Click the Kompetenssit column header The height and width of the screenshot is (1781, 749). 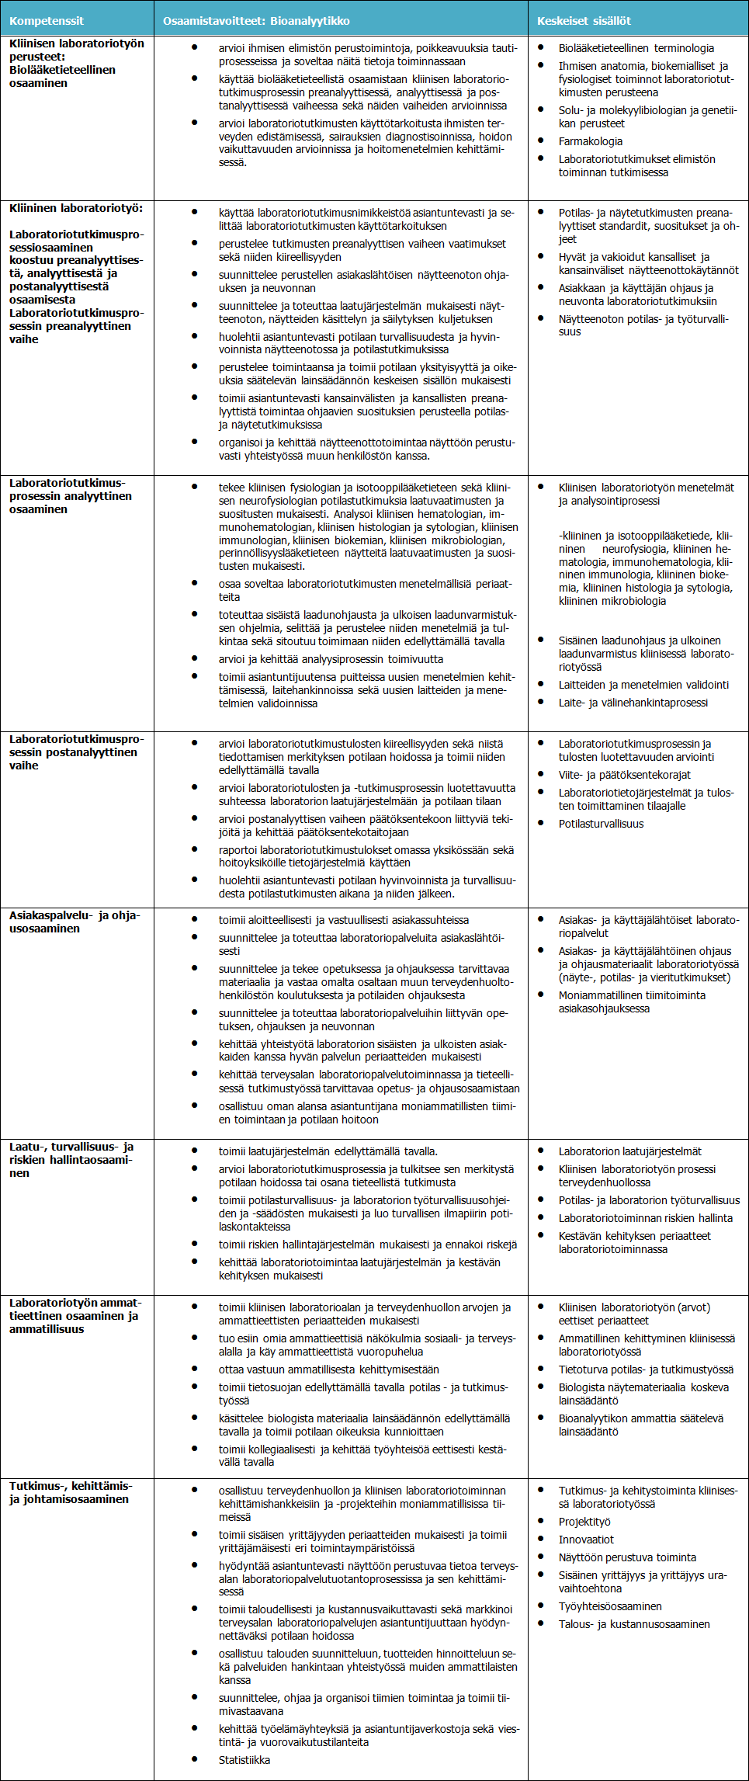click(47, 21)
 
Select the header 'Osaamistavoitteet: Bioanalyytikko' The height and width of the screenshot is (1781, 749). click(256, 21)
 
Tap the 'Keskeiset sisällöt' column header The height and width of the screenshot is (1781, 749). click(584, 21)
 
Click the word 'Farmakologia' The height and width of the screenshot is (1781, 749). click(590, 141)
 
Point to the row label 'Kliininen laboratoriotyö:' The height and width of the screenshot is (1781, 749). click(76, 208)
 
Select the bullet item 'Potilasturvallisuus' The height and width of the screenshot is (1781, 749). click(601, 824)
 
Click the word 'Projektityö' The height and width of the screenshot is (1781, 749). click(584, 1522)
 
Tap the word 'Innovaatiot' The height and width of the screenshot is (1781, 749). click(586, 1540)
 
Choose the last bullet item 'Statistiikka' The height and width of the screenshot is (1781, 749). click(244, 1760)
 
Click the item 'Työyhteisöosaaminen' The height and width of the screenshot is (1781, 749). click(610, 1606)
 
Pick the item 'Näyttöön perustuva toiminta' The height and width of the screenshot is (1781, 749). click(627, 1557)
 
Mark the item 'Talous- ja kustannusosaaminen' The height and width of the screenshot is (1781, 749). click(634, 1624)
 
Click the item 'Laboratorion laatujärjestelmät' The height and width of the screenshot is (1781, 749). click(629, 1151)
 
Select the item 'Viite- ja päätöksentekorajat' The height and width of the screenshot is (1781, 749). click(624, 775)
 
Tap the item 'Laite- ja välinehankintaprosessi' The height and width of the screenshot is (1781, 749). click(633, 703)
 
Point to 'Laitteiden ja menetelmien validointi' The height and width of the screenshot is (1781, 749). click(643, 685)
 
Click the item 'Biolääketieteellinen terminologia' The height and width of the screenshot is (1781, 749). click(636, 48)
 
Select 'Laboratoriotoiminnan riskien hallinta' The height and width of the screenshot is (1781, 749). click(645, 1218)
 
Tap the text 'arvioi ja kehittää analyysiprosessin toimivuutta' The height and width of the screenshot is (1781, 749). click(331, 659)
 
